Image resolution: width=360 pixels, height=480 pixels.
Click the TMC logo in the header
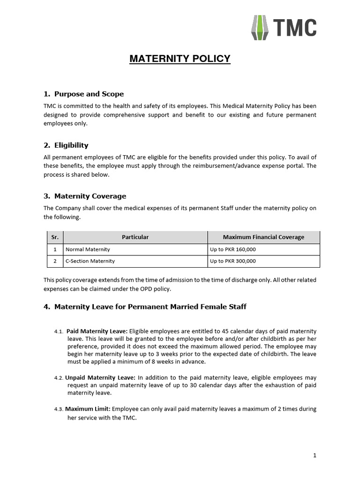284,28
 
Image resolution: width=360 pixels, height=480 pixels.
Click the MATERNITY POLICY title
180,59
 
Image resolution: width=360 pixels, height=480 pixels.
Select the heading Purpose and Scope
89,94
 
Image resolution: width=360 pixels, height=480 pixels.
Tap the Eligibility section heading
71,145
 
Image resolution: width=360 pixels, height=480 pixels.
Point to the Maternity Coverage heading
90,196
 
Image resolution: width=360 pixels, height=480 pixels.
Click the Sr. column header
55,237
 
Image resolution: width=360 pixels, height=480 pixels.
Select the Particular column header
135,237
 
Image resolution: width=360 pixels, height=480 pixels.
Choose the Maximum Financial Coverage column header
263,237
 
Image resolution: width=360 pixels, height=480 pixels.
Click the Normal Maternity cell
88,249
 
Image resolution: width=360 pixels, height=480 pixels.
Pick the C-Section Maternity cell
90,261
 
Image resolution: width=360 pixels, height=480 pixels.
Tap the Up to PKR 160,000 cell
233,249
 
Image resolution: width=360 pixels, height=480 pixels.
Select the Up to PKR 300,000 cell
233,261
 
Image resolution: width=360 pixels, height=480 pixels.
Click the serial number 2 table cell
55,261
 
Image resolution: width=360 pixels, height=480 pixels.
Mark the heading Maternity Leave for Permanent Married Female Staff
150,307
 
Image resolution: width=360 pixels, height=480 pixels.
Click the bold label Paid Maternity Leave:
97,331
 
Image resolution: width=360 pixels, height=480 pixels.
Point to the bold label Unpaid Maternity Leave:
100,377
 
